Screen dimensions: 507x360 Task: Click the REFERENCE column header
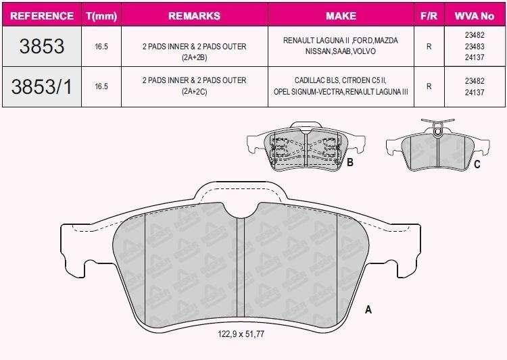click(x=42, y=16)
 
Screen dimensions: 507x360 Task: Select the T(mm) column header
click(x=101, y=16)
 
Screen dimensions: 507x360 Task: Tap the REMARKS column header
click(x=194, y=16)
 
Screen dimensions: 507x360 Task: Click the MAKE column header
click(x=341, y=16)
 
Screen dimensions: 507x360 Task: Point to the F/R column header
click(x=429, y=16)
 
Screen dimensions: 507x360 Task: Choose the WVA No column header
click(x=475, y=16)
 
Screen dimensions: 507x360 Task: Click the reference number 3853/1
click(x=42, y=86)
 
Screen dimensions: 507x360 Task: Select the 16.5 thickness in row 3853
click(x=101, y=47)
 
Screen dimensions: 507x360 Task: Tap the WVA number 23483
click(x=475, y=46)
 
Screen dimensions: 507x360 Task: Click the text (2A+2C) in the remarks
click(x=194, y=92)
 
